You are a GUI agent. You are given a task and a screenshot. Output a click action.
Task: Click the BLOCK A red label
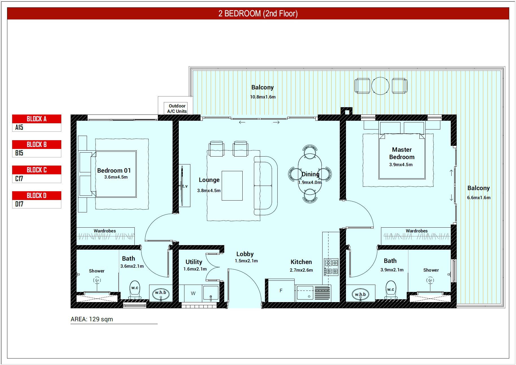37,119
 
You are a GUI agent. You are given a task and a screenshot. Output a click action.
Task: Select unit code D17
19,204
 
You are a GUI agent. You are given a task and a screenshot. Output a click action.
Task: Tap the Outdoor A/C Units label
177,109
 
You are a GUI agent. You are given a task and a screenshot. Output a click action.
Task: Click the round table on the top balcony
380,86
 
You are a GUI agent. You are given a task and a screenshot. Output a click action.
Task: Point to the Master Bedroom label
402,153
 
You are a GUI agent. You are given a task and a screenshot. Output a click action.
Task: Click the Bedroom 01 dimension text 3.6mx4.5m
116,177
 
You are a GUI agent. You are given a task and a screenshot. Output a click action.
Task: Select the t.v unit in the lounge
184,186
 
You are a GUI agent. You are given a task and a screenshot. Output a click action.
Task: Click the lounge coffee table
232,186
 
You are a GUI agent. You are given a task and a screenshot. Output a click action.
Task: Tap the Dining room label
310,174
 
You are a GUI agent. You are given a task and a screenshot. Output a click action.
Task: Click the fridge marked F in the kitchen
281,291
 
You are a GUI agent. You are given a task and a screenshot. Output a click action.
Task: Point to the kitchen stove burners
331,267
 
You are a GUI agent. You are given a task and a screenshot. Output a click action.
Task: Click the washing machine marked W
193,293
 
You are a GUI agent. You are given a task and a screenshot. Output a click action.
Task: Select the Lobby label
245,254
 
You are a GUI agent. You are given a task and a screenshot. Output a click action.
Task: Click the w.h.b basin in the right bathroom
360,294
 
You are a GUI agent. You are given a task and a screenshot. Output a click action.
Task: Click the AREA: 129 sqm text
92,319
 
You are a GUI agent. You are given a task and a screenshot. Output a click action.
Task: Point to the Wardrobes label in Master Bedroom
417,231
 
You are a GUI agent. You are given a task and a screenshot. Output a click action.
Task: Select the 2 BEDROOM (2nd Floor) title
258,14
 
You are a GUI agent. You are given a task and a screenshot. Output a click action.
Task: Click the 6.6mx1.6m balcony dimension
479,197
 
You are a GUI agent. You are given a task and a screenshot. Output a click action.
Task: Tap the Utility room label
194,262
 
